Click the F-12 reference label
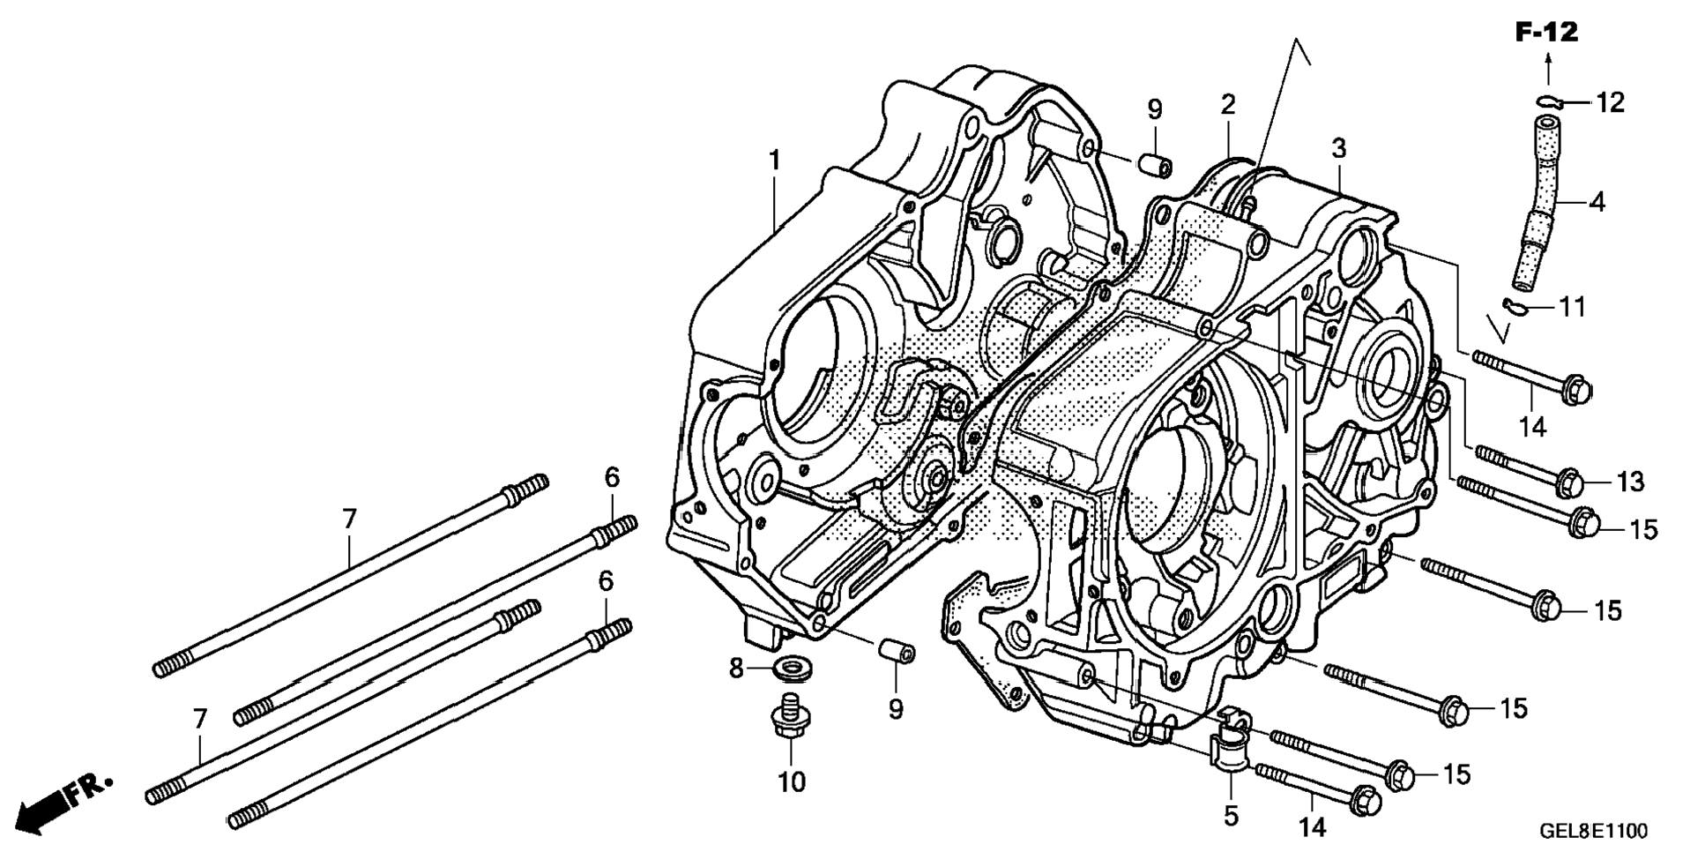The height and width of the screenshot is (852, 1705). (1547, 33)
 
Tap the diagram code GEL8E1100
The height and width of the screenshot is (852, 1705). (1594, 831)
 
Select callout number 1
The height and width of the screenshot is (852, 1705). (774, 161)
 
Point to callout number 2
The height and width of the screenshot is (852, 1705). (1228, 105)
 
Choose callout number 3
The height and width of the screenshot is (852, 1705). (1339, 148)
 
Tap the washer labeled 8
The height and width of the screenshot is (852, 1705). (793, 667)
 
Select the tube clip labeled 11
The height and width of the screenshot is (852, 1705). (1515, 306)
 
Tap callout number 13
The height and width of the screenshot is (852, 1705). (1631, 482)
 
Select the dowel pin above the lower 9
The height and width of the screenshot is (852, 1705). (896, 651)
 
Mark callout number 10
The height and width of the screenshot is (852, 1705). (792, 781)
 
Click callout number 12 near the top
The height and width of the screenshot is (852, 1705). (1610, 102)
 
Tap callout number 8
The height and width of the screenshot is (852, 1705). (737, 669)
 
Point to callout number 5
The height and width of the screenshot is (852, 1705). (1232, 817)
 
